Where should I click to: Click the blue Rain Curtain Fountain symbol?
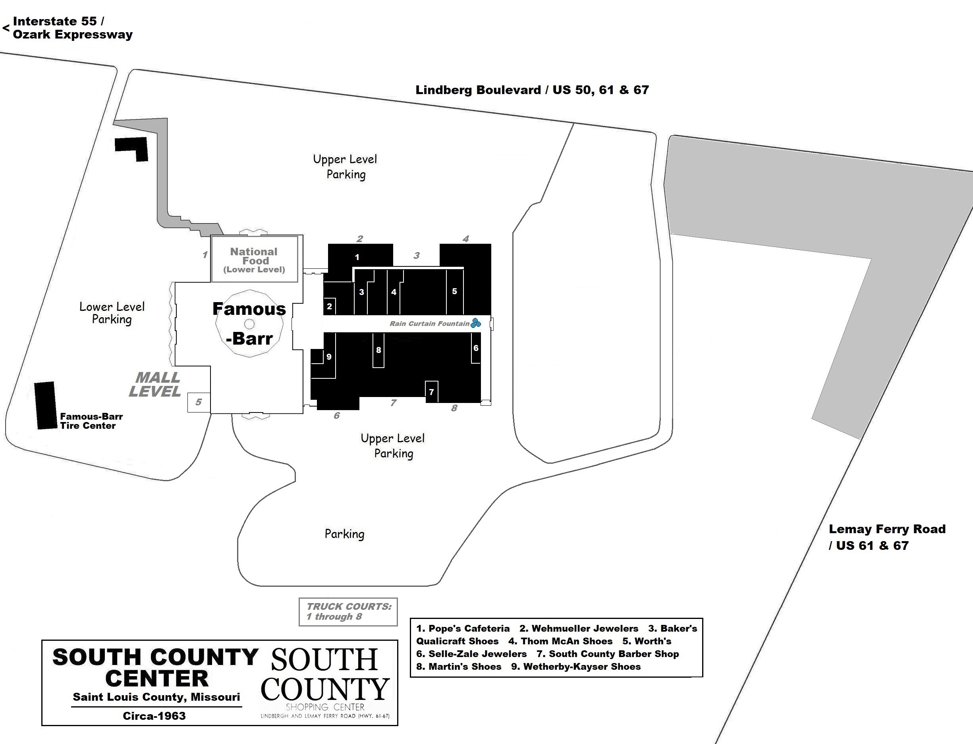476,323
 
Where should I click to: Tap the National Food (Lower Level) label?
254,260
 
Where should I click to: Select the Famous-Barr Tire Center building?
45,405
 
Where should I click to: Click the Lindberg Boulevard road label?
532,90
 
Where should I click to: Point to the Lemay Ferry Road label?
887,537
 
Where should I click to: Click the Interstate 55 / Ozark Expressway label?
72,28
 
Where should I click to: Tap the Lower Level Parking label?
112,313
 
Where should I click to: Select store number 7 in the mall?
431,392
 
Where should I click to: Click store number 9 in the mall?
328,357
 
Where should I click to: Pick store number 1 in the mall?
357,257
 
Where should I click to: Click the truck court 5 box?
199,402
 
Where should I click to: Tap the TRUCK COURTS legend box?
348,611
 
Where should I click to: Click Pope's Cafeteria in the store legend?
463,628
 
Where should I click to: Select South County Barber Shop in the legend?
608,653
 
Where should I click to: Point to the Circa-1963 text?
154,716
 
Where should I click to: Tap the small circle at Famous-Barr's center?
249,324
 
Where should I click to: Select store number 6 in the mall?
476,348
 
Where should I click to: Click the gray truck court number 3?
416,256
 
